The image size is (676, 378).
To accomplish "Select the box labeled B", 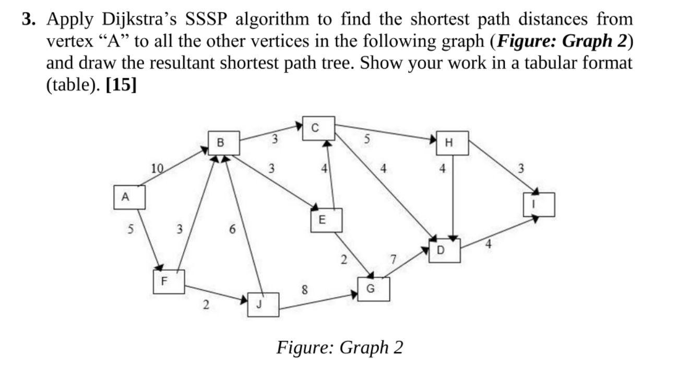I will [x=224, y=143].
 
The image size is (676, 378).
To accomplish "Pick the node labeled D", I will [x=444, y=251].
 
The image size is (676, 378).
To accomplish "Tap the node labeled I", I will [x=539, y=204].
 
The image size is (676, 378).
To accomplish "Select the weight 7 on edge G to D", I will [x=393, y=259].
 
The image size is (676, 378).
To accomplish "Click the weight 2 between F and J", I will [x=206, y=306].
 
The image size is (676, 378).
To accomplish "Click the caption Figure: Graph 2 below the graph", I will [x=340, y=347].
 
